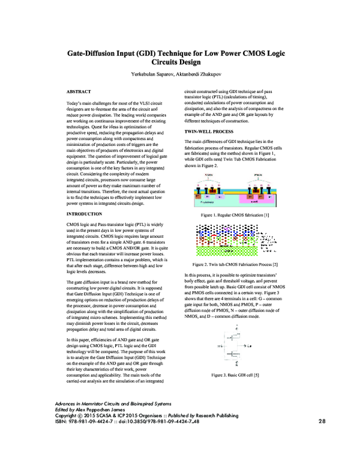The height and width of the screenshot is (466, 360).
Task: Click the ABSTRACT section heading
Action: coord(79,91)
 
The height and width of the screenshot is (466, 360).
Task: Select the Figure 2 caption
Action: coord(234,280)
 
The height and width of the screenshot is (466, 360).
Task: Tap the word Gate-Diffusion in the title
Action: coord(97,53)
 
